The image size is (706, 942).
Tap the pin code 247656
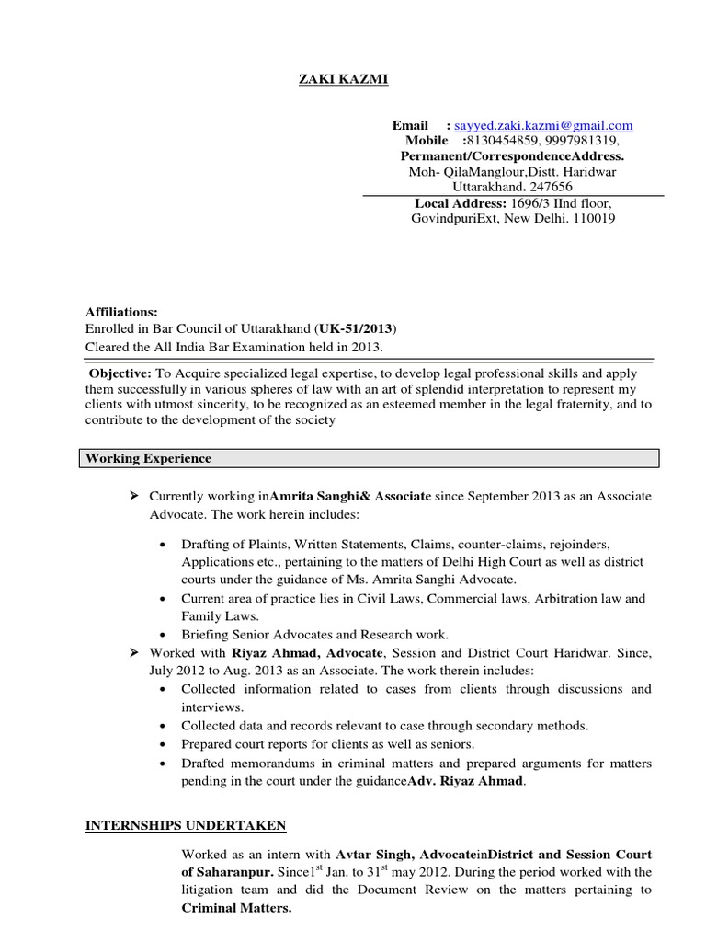tap(552, 187)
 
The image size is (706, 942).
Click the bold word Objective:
tap(119, 375)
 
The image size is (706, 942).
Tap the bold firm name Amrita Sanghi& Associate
tap(350, 496)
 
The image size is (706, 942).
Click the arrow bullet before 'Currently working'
tap(133, 496)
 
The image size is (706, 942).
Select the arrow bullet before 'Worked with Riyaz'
tap(133, 651)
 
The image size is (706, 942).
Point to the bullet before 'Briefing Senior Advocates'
tap(163, 635)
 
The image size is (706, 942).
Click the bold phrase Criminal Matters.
tap(236, 908)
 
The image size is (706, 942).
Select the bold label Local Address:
tap(461, 202)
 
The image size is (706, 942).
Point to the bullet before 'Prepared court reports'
tap(163, 743)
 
